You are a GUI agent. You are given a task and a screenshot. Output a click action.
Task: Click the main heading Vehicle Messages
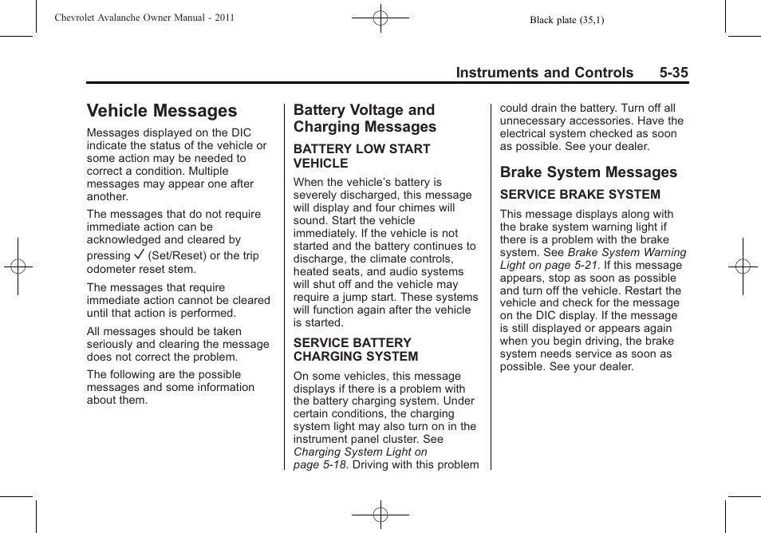coord(162,111)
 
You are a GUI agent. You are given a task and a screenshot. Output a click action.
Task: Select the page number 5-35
coord(673,73)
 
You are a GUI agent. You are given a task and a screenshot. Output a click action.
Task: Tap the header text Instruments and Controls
coord(544,73)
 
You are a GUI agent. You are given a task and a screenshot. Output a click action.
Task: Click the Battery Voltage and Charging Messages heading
coord(365,118)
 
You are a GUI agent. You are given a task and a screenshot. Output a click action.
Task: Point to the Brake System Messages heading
coord(588,172)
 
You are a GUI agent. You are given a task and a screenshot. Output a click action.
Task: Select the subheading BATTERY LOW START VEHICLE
coord(361,156)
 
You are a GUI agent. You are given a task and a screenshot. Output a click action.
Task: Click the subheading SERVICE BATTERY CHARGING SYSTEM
coord(356,349)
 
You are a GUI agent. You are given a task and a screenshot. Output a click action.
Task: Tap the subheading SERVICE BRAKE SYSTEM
coord(580,195)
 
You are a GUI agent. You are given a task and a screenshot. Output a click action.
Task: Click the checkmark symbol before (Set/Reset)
coord(140,255)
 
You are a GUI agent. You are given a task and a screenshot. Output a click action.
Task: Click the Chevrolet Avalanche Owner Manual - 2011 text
coord(144,18)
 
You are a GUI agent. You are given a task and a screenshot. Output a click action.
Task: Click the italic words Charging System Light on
coord(360,452)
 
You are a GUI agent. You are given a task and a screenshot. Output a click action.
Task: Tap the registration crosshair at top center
coord(380,18)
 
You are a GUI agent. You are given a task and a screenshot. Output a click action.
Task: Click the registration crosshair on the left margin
coord(18,266)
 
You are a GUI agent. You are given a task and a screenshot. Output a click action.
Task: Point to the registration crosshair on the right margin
coord(743,266)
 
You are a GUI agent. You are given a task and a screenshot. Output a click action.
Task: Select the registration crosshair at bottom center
coord(380,515)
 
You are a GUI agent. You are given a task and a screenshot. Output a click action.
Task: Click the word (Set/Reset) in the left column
coord(176,256)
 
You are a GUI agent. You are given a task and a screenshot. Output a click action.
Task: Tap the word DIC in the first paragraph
coord(241,133)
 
